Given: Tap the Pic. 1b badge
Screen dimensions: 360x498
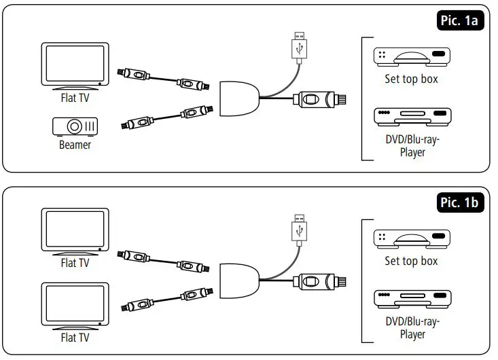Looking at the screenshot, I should tap(459, 202).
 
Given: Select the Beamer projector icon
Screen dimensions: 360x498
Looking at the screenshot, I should tap(75, 126).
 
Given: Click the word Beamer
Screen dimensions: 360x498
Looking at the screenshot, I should tap(75, 145).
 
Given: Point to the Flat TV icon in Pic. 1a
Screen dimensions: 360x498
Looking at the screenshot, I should tap(75, 65).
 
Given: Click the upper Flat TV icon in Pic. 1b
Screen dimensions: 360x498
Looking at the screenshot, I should tap(75, 232).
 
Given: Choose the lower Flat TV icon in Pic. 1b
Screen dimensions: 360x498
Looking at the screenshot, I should tap(75, 305).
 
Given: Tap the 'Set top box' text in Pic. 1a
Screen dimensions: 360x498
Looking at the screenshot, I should tap(411, 79).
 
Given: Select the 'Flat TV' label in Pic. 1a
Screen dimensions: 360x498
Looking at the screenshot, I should tap(75, 97).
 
